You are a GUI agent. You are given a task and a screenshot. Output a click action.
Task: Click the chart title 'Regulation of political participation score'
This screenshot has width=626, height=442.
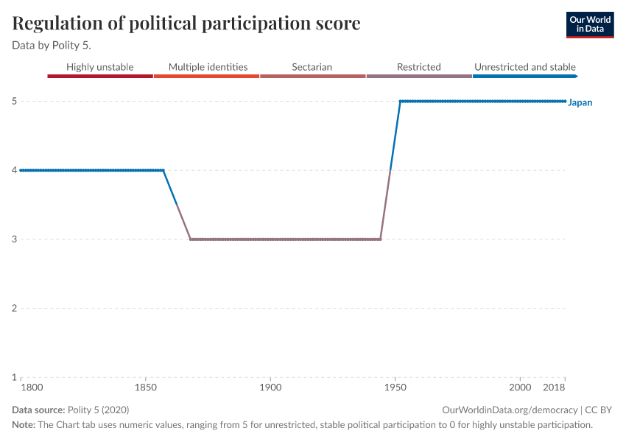coord(186,24)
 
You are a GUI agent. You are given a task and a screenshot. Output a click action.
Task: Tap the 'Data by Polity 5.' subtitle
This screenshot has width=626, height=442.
coord(52,46)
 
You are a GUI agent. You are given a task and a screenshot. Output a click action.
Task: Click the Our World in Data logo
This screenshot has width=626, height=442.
coord(589,24)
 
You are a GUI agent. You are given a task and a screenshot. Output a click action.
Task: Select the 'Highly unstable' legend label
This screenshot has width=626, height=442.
coord(100,67)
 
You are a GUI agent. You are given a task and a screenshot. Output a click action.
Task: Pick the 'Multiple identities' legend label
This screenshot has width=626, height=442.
coord(208,67)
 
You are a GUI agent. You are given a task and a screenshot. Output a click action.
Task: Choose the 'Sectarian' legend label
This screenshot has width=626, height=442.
coord(312,67)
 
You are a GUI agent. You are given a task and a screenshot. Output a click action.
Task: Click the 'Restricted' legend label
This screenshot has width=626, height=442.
coord(418,67)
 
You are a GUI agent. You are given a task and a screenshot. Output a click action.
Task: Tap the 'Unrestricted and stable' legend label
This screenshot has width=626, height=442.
coord(524,67)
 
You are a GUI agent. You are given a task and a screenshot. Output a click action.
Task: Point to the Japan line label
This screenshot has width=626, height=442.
coord(580,102)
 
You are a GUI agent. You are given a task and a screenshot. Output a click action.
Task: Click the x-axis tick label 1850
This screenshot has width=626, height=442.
coord(146,387)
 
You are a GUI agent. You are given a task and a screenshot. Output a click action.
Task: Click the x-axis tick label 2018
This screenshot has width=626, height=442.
coord(555,387)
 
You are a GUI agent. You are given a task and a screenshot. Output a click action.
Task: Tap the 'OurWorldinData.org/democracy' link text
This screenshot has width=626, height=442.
coord(510,410)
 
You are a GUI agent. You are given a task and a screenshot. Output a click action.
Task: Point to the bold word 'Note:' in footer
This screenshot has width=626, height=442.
coord(25,425)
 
